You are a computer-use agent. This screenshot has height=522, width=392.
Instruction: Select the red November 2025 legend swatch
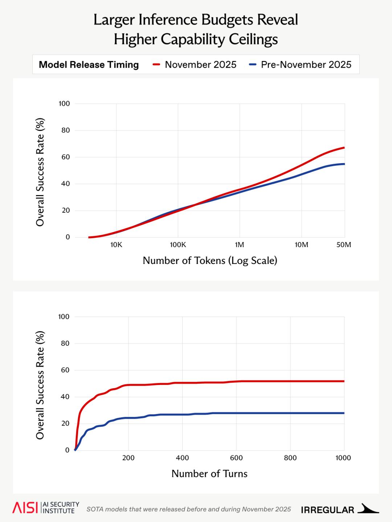tap(156, 65)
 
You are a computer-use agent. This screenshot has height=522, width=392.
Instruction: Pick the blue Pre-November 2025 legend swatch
tap(253, 65)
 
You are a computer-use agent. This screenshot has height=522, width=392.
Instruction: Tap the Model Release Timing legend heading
tap(89, 65)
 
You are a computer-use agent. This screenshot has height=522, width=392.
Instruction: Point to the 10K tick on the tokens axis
tap(116, 245)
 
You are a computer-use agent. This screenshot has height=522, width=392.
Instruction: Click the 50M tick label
tap(344, 245)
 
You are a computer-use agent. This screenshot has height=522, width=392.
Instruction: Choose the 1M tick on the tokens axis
tap(240, 245)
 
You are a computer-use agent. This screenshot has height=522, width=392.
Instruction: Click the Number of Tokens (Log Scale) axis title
tap(210, 260)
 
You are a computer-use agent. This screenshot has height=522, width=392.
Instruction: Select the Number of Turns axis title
tap(209, 473)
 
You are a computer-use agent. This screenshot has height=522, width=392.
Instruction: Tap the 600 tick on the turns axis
tap(236, 458)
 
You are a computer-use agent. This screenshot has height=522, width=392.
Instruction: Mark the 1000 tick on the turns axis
tap(343, 458)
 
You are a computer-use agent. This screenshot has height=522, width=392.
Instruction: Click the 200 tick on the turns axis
tap(128, 458)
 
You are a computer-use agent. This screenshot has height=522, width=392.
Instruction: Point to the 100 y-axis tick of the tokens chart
tap(64, 104)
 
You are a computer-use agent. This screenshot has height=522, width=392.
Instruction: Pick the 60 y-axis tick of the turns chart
tap(65, 370)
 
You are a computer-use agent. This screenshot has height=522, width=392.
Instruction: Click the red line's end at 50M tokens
tap(344, 148)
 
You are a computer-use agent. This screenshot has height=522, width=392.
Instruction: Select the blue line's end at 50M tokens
tap(344, 164)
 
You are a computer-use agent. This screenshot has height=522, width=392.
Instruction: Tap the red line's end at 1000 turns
tap(344, 381)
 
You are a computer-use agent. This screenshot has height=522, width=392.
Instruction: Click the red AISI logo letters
tap(25, 508)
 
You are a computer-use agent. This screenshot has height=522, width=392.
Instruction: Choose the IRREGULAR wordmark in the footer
tap(327, 510)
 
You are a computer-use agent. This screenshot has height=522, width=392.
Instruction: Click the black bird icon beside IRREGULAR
tap(368, 509)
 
